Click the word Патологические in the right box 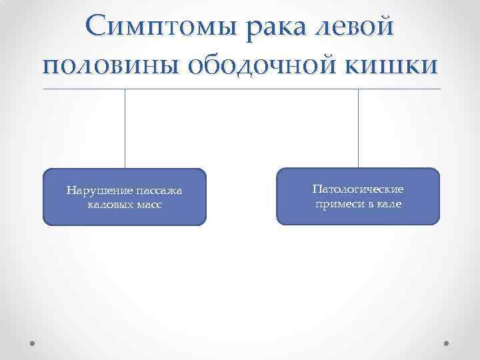click(x=358, y=190)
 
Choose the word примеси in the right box click(x=339, y=203)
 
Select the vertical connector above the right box click(x=359, y=128)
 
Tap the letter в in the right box click(x=370, y=203)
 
